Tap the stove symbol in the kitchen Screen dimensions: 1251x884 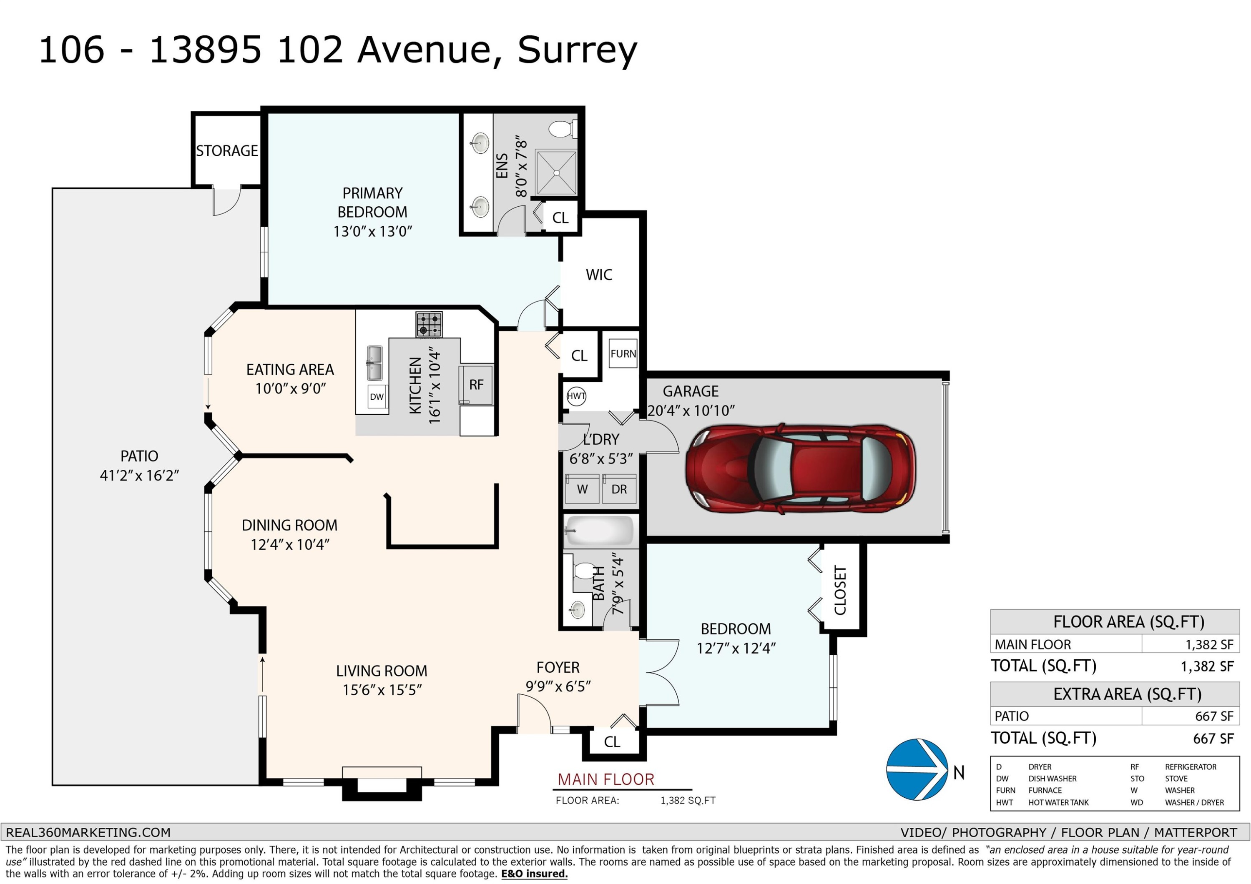[x=429, y=325]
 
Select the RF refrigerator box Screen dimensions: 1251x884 [x=476, y=385]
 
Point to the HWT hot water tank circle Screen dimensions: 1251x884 [x=576, y=396]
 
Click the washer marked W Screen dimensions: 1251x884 [x=582, y=488]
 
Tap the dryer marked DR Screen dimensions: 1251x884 [x=619, y=488]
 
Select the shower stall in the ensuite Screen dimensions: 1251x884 [x=556, y=173]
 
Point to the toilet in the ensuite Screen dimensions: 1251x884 [x=561, y=129]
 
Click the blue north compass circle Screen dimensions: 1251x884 [x=917, y=770]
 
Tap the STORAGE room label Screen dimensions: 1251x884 [x=227, y=151]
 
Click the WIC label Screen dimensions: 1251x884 [x=599, y=275]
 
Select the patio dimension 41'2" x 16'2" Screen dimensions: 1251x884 [x=139, y=476]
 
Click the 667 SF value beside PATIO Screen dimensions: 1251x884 [x=1214, y=716]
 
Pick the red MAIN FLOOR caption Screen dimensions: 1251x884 [x=606, y=779]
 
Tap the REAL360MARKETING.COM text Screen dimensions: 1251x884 [x=88, y=833]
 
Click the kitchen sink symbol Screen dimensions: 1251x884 [x=374, y=363]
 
